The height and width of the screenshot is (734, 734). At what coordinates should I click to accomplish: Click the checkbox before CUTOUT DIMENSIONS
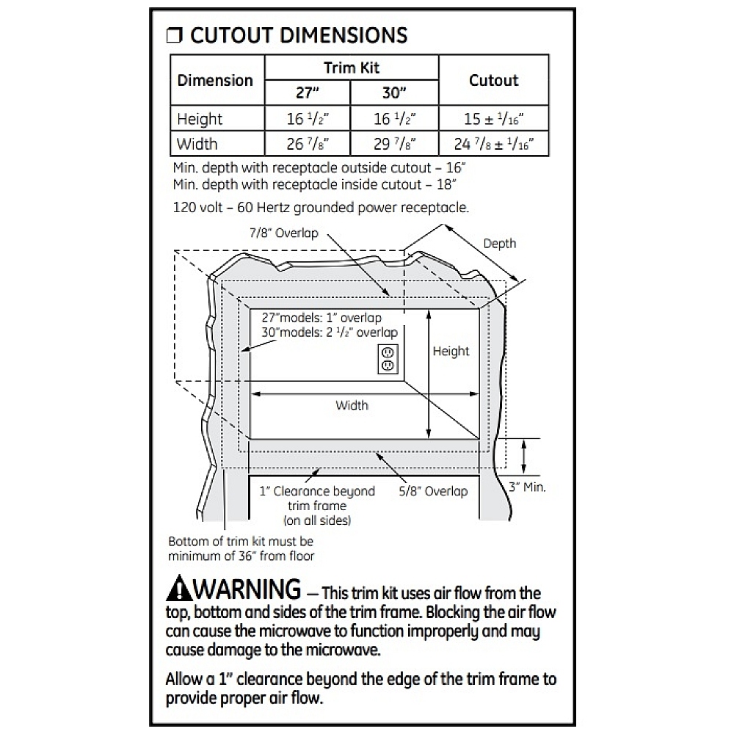click(x=174, y=35)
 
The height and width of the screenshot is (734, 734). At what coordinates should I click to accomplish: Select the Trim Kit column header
click(x=352, y=68)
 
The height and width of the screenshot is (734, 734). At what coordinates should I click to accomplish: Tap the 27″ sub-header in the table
click(x=307, y=92)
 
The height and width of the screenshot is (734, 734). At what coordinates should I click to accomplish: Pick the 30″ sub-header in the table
click(x=394, y=92)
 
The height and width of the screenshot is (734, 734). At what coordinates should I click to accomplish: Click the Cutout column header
click(x=493, y=80)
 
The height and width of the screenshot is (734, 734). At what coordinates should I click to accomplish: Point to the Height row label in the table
click(x=200, y=119)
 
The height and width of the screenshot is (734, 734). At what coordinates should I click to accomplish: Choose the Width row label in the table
click(x=197, y=144)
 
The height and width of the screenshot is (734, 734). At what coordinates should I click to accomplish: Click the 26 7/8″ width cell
click(x=308, y=144)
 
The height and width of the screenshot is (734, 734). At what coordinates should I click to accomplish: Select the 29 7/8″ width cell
click(x=394, y=144)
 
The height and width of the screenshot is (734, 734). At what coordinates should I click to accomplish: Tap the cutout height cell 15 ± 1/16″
click(x=493, y=119)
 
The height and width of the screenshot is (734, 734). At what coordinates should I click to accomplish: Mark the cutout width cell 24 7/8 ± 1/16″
click(x=493, y=144)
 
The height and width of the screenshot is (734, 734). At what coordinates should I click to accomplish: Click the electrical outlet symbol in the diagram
click(x=388, y=360)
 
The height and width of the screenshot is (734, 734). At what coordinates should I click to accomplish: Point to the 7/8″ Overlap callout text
click(x=283, y=233)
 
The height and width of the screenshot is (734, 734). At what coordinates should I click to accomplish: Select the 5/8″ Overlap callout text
click(x=433, y=491)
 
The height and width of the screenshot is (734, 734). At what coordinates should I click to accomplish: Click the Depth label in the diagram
click(x=499, y=244)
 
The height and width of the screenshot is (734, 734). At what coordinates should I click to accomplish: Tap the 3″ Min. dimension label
click(x=527, y=487)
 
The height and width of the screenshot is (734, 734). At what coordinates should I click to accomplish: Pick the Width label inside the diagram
click(x=352, y=405)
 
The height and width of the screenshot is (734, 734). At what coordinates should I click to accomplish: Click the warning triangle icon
click(x=179, y=588)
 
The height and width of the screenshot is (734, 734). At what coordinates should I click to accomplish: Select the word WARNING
click(x=247, y=589)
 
